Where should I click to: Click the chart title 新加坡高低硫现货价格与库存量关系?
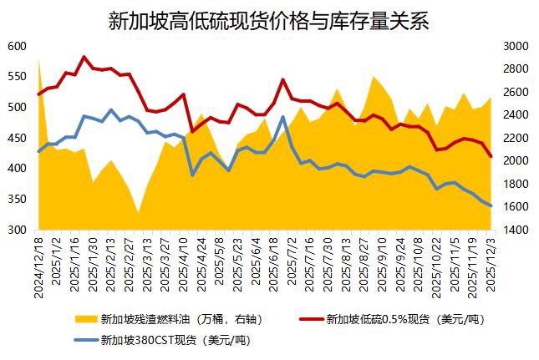269,21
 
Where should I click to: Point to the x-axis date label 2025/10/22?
435,266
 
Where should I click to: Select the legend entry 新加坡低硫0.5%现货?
404,318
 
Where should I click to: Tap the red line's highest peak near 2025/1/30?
84,57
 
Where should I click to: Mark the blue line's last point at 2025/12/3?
491,205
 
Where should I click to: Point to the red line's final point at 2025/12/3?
491,156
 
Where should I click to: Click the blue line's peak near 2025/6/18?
282,117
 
